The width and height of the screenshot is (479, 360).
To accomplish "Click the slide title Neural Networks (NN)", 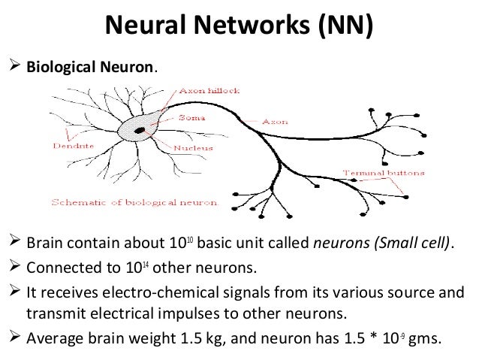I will [x=239, y=29].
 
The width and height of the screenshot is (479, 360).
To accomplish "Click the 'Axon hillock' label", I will [x=208, y=89].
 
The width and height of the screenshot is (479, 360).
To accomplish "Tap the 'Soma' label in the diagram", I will [x=188, y=116].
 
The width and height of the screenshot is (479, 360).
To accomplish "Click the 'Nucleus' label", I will [x=194, y=149].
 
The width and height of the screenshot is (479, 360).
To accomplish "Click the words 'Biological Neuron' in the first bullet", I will [x=91, y=66].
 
